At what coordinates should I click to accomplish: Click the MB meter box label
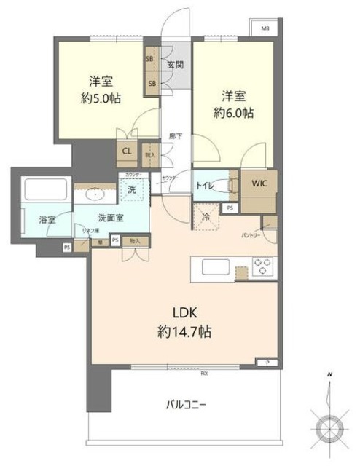click(265, 30)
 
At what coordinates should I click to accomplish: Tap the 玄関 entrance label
click(175, 65)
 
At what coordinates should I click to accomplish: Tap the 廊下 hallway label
click(175, 135)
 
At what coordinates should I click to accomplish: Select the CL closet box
click(126, 151)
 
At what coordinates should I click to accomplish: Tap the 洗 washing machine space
click(152, 190)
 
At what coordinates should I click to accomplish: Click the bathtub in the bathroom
click(46, 190)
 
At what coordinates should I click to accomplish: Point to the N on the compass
click(329, 374)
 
